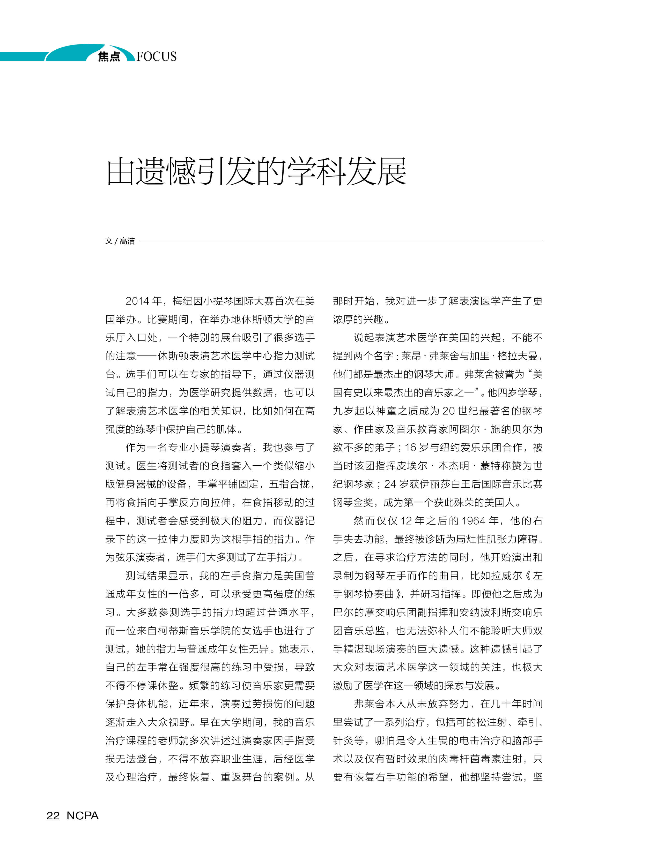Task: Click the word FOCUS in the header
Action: pos(157,57)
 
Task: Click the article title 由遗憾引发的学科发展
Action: pos(256,172)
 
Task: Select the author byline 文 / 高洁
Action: pos(120,241)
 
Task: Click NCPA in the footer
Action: pos(83,815)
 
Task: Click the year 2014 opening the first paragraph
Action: pos(137,301)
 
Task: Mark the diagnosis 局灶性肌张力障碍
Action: pos(497,539)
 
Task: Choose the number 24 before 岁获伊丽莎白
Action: pos(390,484)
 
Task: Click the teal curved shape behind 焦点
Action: pos(74,53)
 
